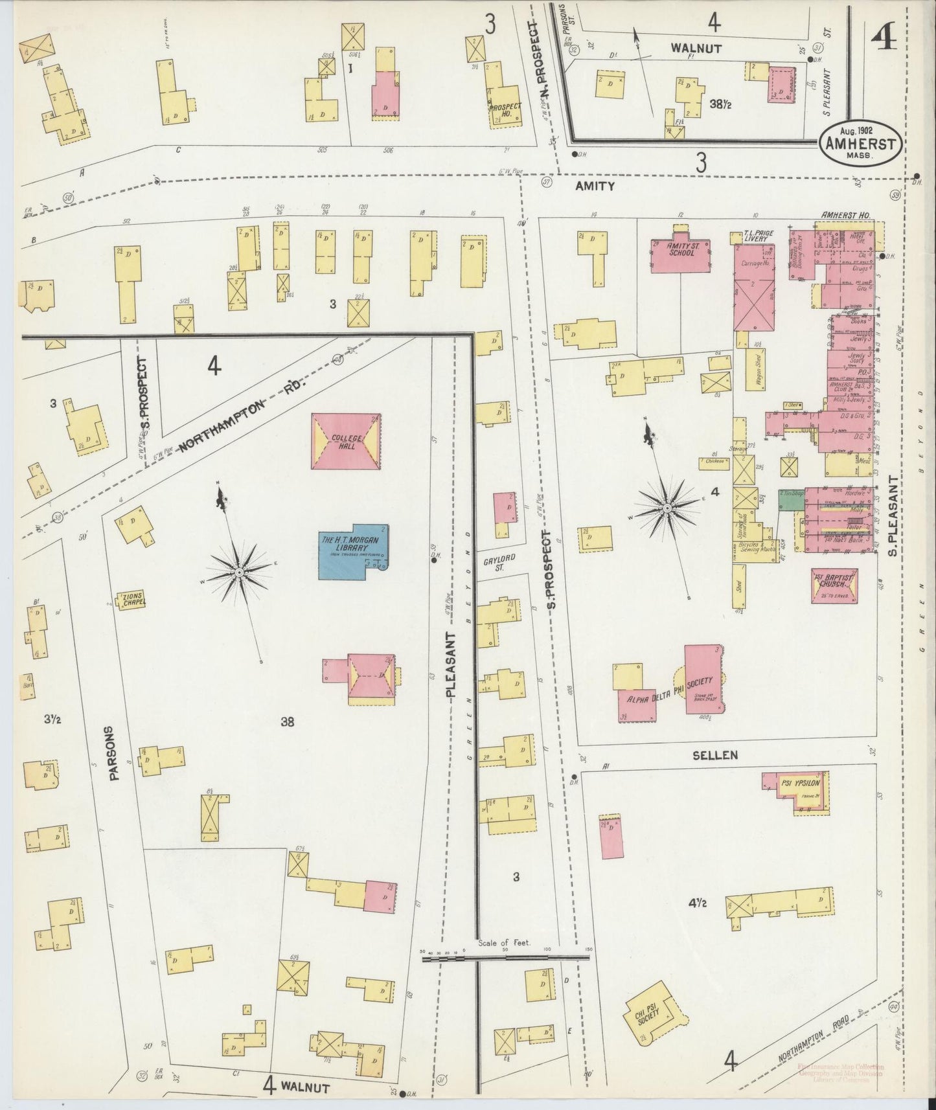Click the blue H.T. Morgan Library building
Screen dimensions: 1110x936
tap(353, 551)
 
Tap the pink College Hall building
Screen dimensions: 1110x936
tap(346, 442)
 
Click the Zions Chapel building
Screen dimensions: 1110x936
tap(130, 599)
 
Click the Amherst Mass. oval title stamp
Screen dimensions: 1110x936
tap(859, 143)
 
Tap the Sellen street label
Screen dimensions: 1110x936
tap(716, 755)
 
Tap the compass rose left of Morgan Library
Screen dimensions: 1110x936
tap(238, 572)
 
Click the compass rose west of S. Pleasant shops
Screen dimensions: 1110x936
tap(667, 508)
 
